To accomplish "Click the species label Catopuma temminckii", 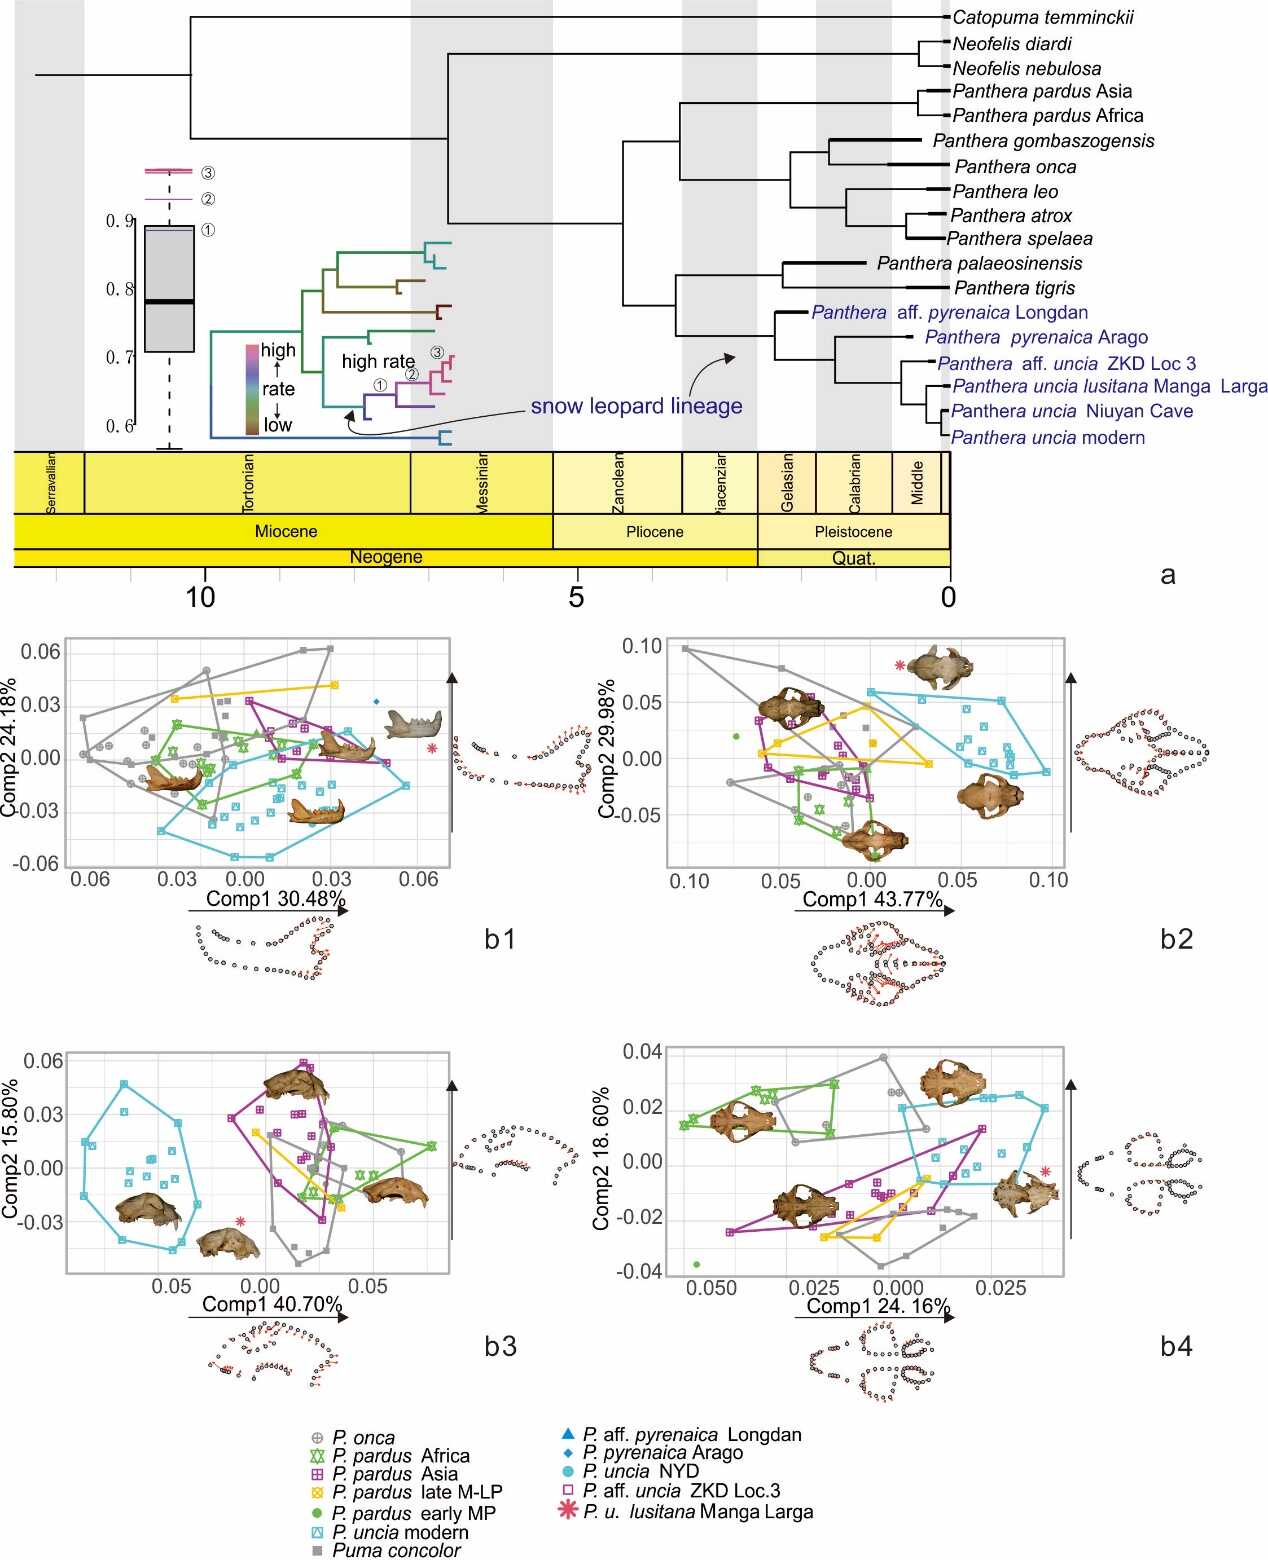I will point(1043,17).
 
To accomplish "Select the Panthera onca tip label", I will point(1015,167).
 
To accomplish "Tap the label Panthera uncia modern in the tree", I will point(1047,437).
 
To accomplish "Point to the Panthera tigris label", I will point(1014,288).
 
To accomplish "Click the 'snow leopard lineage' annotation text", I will point(636,406).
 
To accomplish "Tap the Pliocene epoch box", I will point(655,531).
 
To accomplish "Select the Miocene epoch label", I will point(286,531).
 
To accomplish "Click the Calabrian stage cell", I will point(853,483).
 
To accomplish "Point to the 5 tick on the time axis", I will point(576,598).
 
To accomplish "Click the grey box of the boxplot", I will point(169,289).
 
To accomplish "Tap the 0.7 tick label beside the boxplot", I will point(119,357).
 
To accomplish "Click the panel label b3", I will point(500,1346).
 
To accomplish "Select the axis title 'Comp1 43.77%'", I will point(872,899).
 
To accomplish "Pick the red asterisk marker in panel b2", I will point(900,665).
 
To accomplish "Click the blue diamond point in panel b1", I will point(376,702).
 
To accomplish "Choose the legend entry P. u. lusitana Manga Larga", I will point(697,1511).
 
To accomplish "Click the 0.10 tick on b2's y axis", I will point(642,646).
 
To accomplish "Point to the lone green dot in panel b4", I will point(696,1264).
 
